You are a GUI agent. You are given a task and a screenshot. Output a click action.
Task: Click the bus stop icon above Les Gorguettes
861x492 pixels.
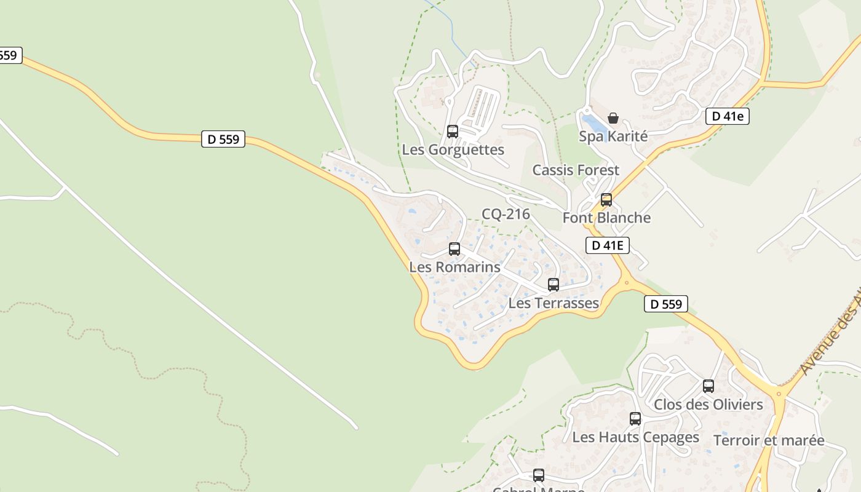pos(452,131)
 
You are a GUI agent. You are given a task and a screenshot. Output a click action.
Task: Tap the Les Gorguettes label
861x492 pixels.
pos(453,149)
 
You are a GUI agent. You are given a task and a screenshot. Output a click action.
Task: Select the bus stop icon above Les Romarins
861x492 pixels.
pos(454,248)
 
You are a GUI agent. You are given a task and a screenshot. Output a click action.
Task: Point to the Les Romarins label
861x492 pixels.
pos(454,267)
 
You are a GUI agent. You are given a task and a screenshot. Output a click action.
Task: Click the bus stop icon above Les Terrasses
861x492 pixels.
pos(553,285)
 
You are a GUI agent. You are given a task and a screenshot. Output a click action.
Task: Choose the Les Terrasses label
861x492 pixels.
pos(553,303)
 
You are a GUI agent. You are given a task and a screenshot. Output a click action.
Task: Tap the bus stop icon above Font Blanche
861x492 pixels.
pos(606,200)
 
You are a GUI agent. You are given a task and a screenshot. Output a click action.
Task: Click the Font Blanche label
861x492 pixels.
pos(606,218)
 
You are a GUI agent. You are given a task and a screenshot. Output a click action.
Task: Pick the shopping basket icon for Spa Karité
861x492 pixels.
pos(613,118)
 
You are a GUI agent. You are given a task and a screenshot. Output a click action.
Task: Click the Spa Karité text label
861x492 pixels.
pos(613,136)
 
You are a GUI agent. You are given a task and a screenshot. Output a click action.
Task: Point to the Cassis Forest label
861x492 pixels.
pos(576,170)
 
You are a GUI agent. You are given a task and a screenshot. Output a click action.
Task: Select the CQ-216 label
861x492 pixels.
pos(506,214)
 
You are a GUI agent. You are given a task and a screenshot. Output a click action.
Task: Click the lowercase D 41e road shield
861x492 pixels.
pos(727,116)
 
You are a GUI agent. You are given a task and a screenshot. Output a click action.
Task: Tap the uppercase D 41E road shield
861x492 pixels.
pos(607,245)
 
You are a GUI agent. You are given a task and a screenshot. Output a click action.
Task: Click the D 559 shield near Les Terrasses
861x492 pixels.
pos(666,303)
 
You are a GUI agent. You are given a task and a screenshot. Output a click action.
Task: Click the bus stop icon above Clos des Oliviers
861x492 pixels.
pos(708,386)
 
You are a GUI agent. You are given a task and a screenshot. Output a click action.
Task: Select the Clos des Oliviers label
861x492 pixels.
pos(708,404)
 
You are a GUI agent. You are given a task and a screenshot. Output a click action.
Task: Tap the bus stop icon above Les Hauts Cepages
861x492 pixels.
pos(635,419)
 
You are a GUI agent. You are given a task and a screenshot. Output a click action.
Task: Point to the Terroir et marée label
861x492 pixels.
pos(769,440)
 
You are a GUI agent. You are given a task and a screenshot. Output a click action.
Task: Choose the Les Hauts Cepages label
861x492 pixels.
pos(635,437)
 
